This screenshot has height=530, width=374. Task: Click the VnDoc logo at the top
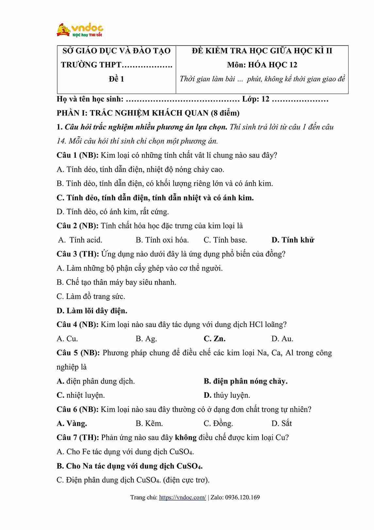click(x=80, y=30)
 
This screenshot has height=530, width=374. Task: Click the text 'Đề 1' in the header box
click(x=116, y=79)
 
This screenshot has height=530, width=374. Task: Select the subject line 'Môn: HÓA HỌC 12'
click(x=262, y=65)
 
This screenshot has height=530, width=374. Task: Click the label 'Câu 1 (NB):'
click(x=77, y=155)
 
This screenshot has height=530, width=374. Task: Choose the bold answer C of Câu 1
click(x=155, y=198)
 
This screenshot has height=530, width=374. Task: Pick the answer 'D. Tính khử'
click(x=293, y=240)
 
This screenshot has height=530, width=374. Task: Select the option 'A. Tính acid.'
click(x=80, y=240)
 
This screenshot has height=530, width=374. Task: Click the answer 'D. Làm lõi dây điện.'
click(x=92, y=310)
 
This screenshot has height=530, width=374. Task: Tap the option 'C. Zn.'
click(x=214, y=339)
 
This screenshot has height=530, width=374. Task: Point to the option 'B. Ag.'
click(x=146, y=339)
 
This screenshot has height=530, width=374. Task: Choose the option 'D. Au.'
click(x=282, y=339)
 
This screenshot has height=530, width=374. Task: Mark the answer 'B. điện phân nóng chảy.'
click(x=246, y=381)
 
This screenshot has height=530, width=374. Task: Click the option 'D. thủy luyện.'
click(x=227, y=395)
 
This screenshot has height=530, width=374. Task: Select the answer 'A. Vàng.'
click(x=72, y=424)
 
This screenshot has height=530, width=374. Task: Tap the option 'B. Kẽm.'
click(x=149, y=424)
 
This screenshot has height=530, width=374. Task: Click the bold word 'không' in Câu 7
click(x=186, y=438)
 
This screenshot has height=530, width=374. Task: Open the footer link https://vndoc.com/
click(x=182, y=498)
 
